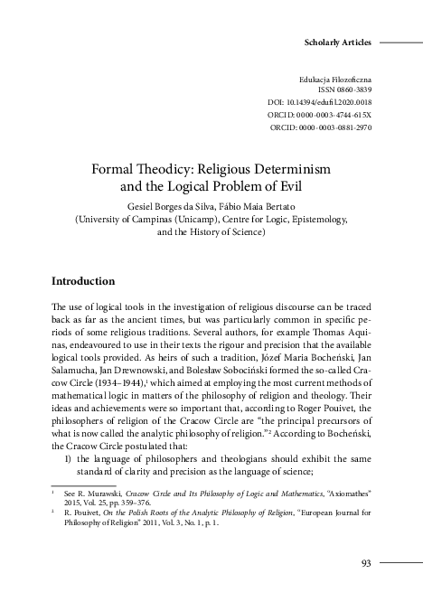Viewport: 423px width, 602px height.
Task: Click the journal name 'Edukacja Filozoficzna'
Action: [x=334, y=81]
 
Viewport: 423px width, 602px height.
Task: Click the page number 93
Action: [x=366, y=564]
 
